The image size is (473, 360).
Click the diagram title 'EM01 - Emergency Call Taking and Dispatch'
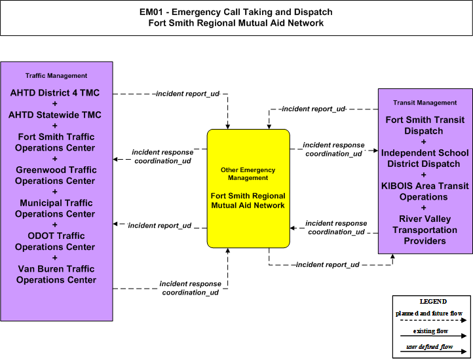pyautogui.click(x=236, y=12)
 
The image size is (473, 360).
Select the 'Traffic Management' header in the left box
pyautogui.click(x=56, y=76)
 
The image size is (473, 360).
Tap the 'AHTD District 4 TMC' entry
pyautogui.click(x=55, y=93)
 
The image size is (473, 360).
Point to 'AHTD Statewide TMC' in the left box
pyautogui.click(x=55, y=115)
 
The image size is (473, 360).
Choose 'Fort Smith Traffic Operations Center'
pyautogui.click(x=56, y=142)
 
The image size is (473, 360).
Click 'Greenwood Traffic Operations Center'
pyautogui.click(x=56, y=175)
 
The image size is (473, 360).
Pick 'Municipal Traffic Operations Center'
pyautogui.click(x=56, y=208)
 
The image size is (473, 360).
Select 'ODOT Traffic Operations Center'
pyautogui.click(x=56, y=242)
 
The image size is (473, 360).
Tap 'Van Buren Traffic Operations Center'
pyautogui.click(x=56, y=274)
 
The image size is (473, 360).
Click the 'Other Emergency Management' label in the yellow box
pyautogui.click(x=248, y=174)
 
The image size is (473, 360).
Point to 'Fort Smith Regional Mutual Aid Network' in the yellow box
pyautogui.click(x=248, y=201)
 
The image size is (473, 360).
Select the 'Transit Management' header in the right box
pyautogui.click(x=425, y=103)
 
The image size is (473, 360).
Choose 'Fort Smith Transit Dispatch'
pyautogui.click(x=425, y=126)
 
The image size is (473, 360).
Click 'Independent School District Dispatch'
pyautogui.click(x=425, y=158)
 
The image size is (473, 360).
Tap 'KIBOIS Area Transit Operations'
pyautogui.click(x=425, y=191)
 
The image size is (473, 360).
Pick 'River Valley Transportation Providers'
pyautogui.click(x=425, y=230)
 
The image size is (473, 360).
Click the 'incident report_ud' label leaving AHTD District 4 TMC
pyautogui.click(x=187, y=94)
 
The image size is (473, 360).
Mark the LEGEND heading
pyautogui.click(x=433, y=302)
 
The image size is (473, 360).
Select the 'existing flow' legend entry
pyautogui.click(x=430, y=331)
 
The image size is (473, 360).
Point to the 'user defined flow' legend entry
pyautogui.click(x=430, y=347)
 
